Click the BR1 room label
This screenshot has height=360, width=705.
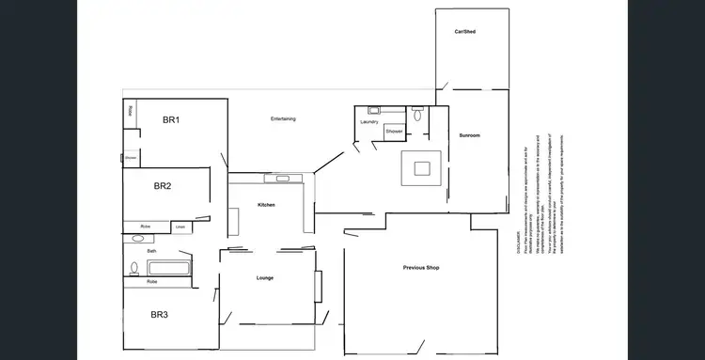coord(171,119)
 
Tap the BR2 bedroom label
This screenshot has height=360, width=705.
coord(163,186)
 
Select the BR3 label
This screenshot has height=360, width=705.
coord(159,314)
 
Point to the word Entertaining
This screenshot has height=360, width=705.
coord(283,118)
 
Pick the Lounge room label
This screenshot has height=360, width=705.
coord(264,278)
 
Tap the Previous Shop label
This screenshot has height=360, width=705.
coord(421,268)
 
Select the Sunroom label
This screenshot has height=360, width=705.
coord(469,136)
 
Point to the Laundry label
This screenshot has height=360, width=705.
coord(368,122)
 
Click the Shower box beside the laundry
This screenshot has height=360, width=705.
coord(394,132)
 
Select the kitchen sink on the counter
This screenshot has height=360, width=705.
coord(279,178)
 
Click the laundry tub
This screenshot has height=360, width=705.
coord(373,110)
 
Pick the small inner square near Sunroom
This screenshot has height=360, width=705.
coord(422,168)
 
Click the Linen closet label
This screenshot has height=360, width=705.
coord(180,227)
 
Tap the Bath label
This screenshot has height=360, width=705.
coord(151,251)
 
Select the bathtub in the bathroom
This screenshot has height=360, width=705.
coord(168,268)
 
